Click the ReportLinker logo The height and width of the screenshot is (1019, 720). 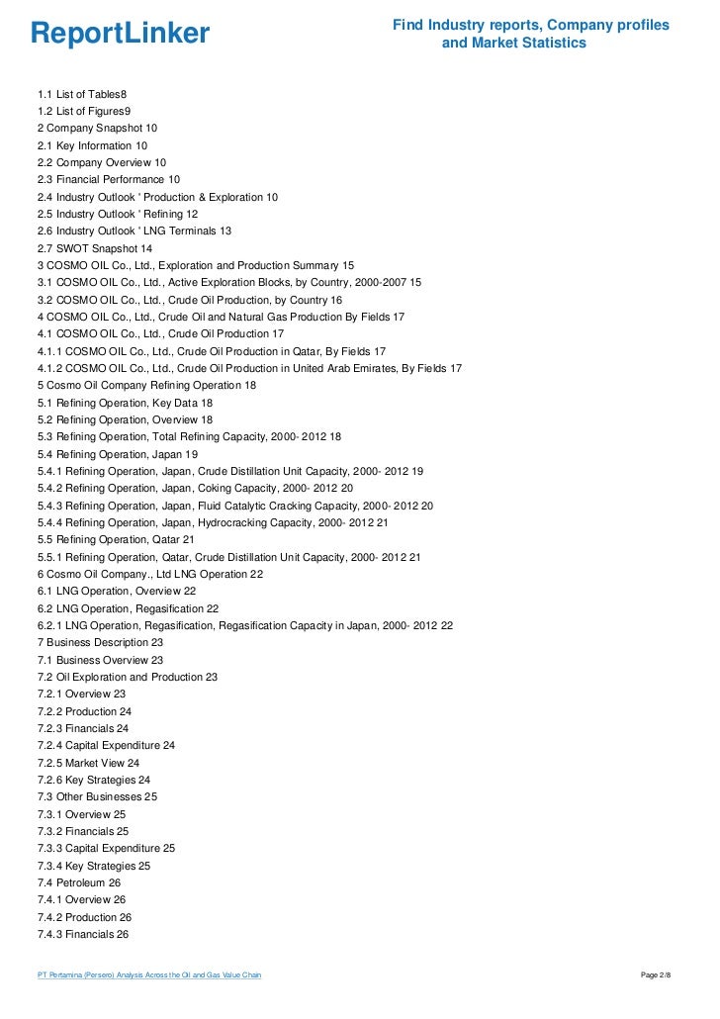pos(120,35)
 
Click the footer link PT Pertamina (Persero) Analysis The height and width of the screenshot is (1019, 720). pos(149,976)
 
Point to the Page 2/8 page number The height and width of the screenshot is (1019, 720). pos(657,976)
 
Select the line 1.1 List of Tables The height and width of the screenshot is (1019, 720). pos(82,94)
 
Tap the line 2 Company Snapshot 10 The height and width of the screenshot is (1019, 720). pos(97,129)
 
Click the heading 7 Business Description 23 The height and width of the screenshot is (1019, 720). pos(100,642)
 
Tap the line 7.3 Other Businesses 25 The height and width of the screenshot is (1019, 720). pos(97,797)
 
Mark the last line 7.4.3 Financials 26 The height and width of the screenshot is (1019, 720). pos(83,934)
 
